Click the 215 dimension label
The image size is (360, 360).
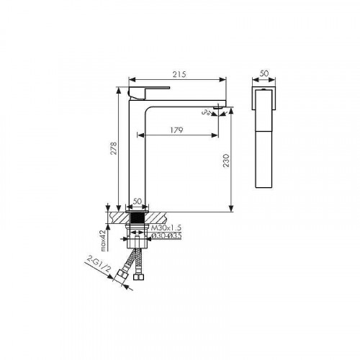[179, 74]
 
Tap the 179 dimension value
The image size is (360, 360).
[177, 130]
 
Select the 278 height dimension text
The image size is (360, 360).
[114, 148]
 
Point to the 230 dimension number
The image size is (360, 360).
[226, 161]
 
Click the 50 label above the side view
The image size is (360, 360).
[264, 73]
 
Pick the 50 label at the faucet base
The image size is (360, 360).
[138, 201]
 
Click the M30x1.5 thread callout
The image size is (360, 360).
[166, 228]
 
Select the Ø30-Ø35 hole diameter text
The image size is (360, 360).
[166, 236]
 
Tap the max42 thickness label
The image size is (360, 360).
[103, 240]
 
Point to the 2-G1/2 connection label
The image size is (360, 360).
[99, 264]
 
